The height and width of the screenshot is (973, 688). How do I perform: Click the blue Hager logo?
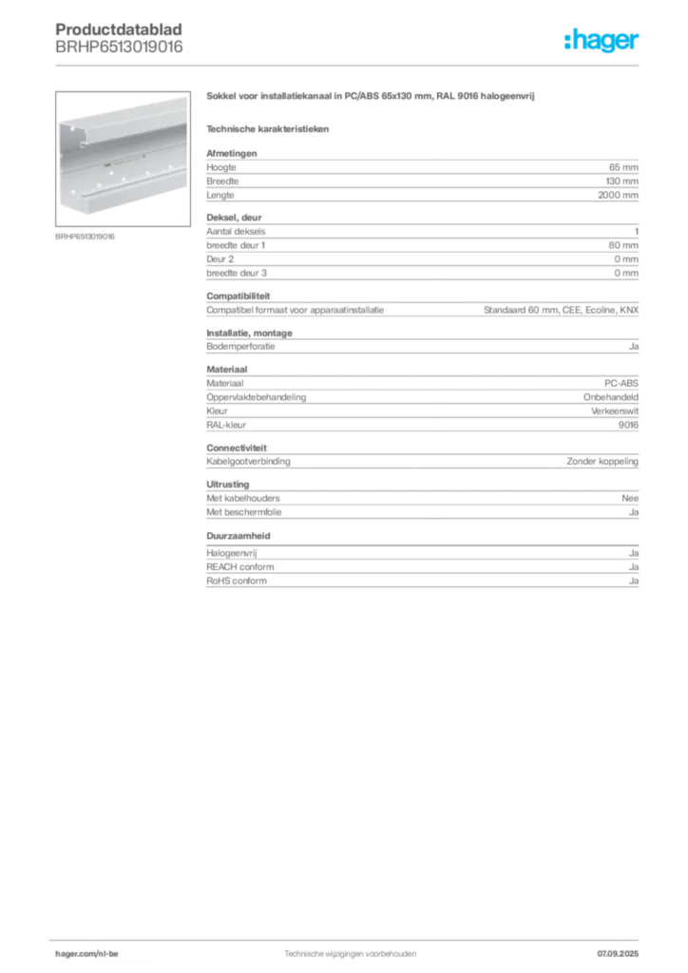603,42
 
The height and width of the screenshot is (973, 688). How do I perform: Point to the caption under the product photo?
87,237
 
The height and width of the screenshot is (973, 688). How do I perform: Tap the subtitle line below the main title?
269,128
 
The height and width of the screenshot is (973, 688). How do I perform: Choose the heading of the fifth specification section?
227,368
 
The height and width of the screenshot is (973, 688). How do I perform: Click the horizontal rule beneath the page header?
349,66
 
